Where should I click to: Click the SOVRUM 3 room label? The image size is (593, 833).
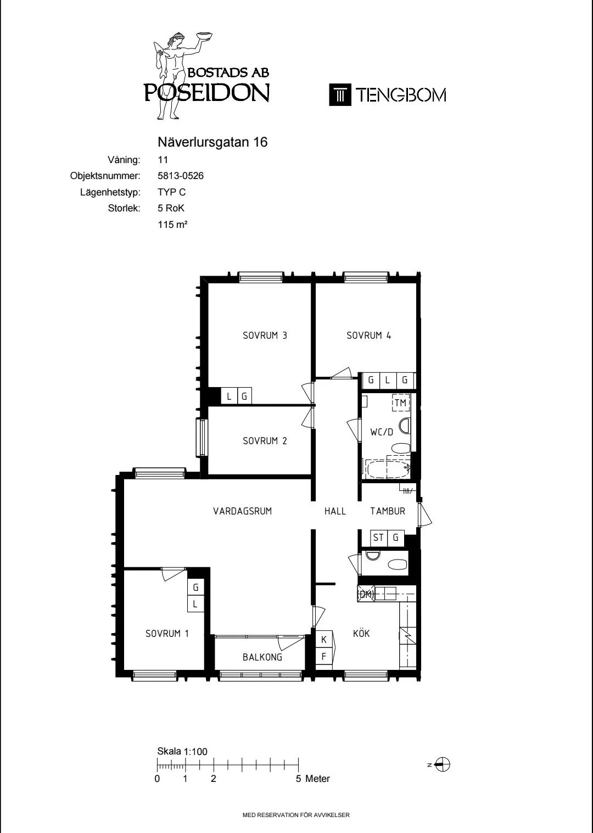tap(265, 336)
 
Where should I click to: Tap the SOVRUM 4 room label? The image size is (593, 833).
tap(368, 336)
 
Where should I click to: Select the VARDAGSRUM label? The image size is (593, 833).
tap(242, 511)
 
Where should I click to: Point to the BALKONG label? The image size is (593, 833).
tap(262, 657)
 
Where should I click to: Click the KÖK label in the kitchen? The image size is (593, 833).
tap(361, 634)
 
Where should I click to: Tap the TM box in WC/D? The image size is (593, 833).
tap(400, 403)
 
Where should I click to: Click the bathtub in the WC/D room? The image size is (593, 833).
tap(387, 470)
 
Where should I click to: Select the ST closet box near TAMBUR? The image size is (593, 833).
tap(378, 538)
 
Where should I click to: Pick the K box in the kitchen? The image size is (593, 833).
tap(324, 640)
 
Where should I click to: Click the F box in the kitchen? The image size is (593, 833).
tap(324, 656)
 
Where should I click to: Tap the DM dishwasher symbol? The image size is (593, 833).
tap(365, 594)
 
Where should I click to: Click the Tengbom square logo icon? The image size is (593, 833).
tap(340, 95)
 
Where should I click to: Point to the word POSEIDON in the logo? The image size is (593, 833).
tap(207, 93)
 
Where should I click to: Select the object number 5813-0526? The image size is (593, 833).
tap(181, 176)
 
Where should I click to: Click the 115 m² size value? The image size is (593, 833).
tap(172, 225)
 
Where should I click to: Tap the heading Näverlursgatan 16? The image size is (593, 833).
tap(212, 142)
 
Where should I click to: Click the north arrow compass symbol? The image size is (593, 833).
tap(443, 764)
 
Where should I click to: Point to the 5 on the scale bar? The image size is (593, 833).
tap(298, 779)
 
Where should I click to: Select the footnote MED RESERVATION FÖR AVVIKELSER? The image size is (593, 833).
tap(296, 815)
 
